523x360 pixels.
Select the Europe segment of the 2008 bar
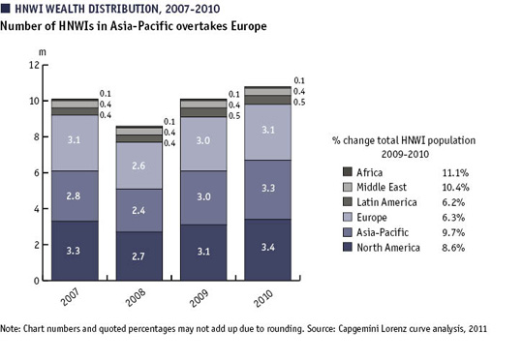139,165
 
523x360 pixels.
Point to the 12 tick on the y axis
34,65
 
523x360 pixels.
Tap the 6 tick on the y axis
37,172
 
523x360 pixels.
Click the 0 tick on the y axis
37,281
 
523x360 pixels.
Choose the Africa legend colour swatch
348,171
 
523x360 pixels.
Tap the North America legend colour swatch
348,249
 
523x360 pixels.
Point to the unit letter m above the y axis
40,47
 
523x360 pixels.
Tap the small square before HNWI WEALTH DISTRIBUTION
8,8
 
